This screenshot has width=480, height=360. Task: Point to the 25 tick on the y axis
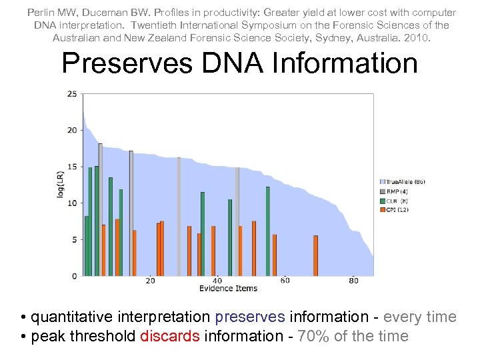click(71, 93)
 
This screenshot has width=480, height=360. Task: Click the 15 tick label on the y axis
click(71, 167)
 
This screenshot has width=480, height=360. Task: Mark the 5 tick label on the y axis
click(73, 239)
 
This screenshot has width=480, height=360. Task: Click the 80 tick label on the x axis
click(353, 281)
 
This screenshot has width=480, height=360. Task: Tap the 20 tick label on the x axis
click(151, 281)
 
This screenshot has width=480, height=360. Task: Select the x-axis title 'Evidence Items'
click(228, 289)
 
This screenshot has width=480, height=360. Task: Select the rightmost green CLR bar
click(268, 231)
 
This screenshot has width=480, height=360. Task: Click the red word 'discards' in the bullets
click(170, 336)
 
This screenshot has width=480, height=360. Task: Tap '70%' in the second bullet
click(313, 336)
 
